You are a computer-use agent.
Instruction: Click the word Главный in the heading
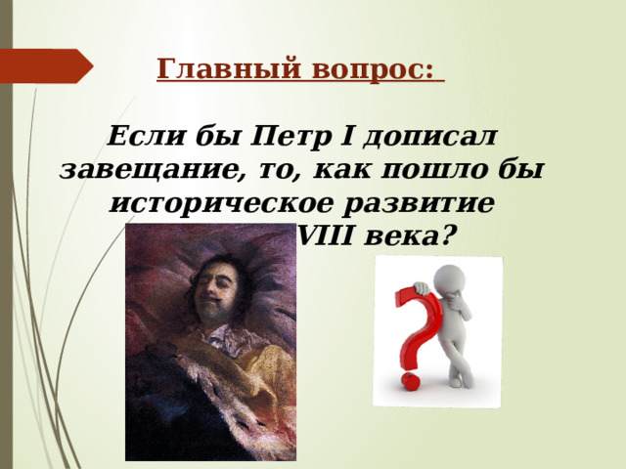click(x=203, y=70)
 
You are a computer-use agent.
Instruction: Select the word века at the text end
click(x=398, y=236)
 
